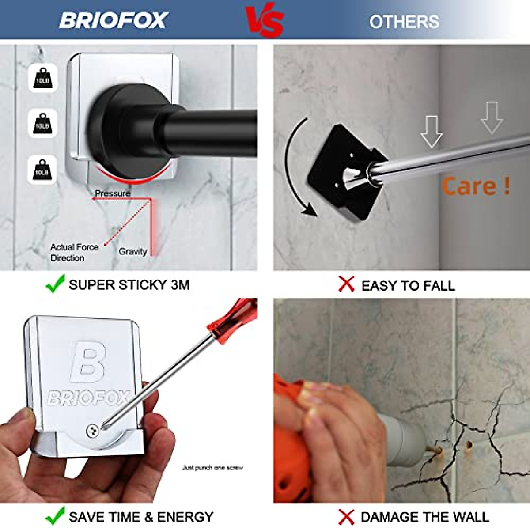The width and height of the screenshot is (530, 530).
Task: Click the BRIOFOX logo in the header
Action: (114, 20)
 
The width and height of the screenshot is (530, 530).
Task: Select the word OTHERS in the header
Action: (404, 22)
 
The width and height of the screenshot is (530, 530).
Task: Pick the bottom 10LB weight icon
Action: (43, 169)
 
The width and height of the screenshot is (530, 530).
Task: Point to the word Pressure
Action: (113, 193)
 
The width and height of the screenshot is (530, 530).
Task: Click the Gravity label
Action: (132, 251)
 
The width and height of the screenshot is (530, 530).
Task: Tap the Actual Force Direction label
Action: (74, 252)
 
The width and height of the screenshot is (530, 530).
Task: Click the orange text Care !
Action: (476, 186)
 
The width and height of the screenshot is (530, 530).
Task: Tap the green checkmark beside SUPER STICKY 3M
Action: (55, 284)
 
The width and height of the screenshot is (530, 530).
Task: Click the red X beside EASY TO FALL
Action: (347, 284)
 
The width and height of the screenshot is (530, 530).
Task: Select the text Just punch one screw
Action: (212, 467)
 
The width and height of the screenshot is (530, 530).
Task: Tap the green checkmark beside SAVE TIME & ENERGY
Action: (55, 516)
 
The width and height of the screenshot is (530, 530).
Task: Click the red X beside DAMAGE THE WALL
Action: (347, 517)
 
